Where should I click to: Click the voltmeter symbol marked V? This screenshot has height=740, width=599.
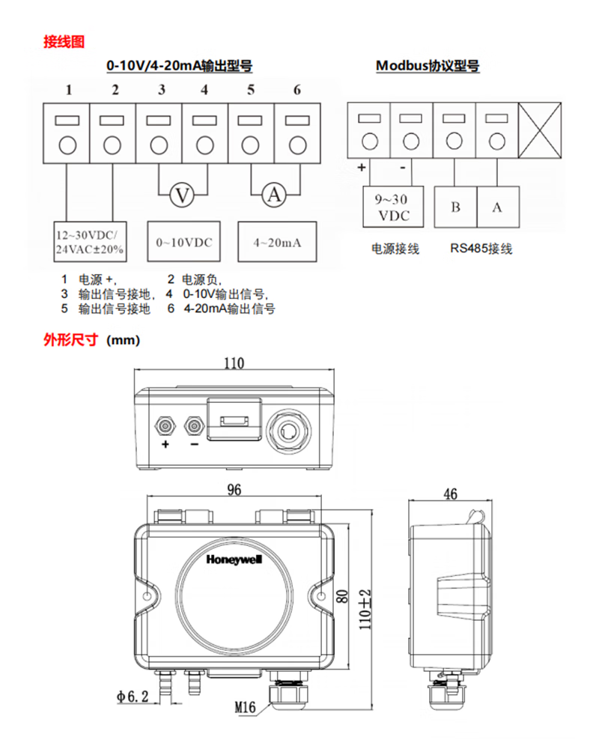(x=180, y=195)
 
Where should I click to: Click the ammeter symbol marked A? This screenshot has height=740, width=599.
(x=274, y=195)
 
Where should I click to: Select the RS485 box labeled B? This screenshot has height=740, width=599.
(x=455, y=207)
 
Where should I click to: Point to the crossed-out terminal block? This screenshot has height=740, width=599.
(x=540, y=131)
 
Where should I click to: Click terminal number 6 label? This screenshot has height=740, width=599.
(x=297, y=91)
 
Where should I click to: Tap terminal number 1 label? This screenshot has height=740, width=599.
(x=68, y=91)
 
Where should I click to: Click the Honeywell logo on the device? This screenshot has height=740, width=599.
(x=233, y=559)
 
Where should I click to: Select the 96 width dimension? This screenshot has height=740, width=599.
(x=234, y=491)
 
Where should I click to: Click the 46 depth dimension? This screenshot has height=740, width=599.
(x=450, y=494)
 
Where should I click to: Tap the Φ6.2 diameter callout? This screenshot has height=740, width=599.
(x=133, y=697)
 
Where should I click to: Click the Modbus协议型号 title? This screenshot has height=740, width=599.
(x=428, y=66)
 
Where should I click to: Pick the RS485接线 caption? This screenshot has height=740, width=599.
(x=481, y=249)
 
